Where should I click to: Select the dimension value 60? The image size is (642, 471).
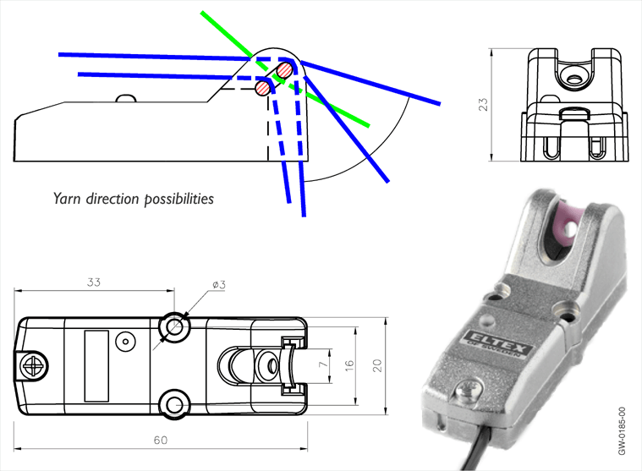pos(161,441)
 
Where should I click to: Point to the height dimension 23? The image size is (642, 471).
pos(481,105)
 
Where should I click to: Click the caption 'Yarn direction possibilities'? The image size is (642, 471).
pos(134,200)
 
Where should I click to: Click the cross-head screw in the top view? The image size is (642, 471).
pos(35,365)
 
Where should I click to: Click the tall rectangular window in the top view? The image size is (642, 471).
pos(96,365)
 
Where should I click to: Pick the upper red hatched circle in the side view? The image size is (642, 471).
pos(287,69)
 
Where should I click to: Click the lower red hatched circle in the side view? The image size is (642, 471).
pos(265,86)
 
